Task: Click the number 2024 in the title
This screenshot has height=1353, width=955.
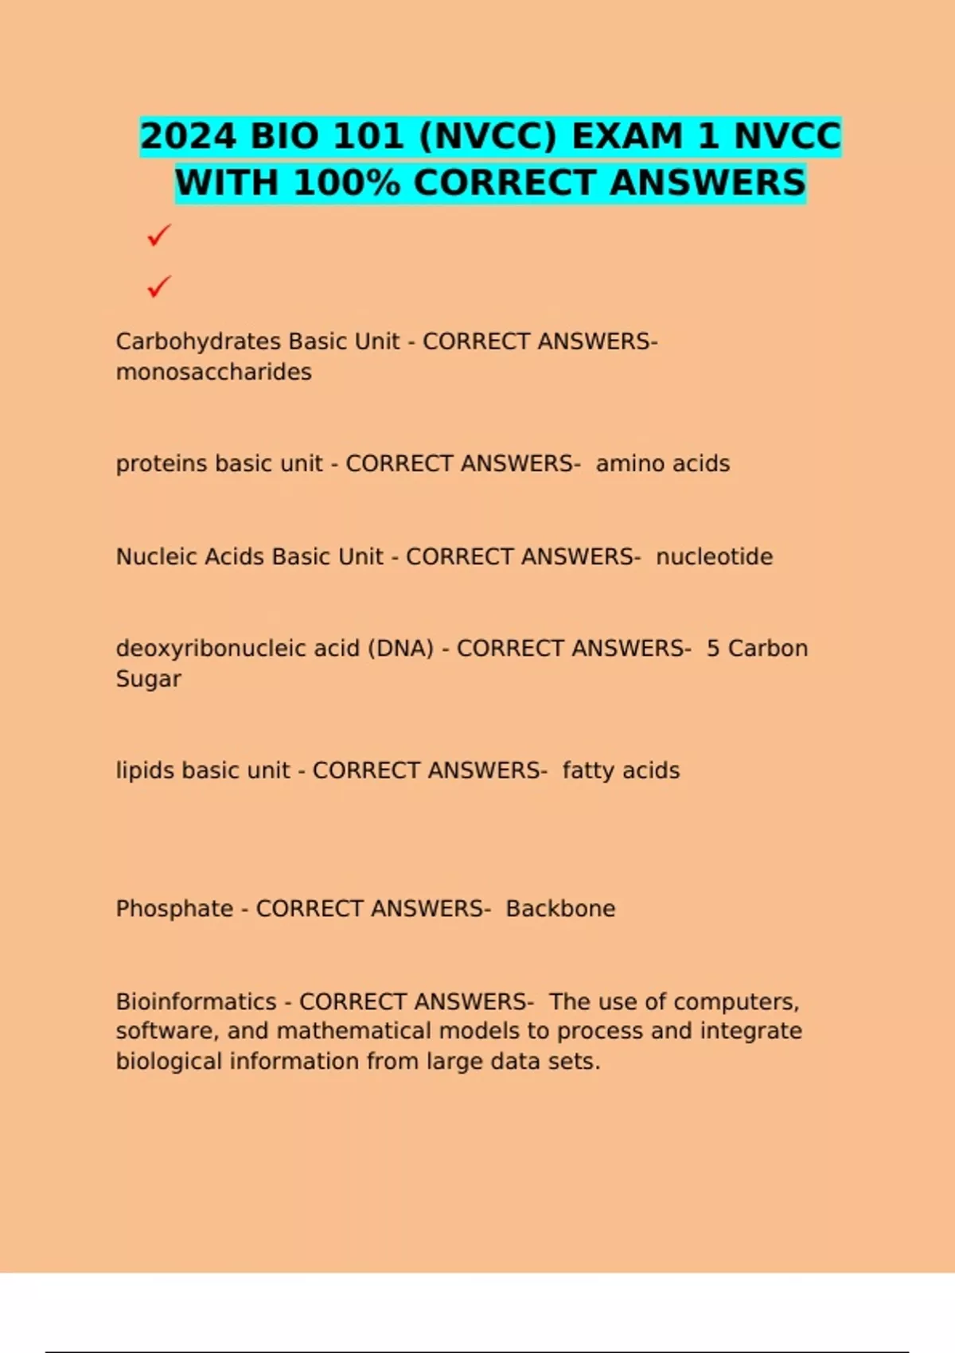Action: point(189,136)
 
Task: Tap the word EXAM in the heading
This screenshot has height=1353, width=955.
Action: point(628,136)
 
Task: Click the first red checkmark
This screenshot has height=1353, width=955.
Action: point(159,235)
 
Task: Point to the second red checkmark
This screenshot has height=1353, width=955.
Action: point(159,286)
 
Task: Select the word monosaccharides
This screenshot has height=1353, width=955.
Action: point(213,372)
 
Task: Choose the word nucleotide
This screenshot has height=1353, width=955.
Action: point(714,556)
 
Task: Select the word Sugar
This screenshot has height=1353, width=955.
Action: point(148,679)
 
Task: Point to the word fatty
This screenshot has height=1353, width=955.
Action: point(587,770)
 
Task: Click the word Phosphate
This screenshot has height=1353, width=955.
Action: point(174,909)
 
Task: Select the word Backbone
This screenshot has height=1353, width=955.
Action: point(560,909)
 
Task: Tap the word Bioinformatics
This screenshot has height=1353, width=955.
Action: point(196,1001)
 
